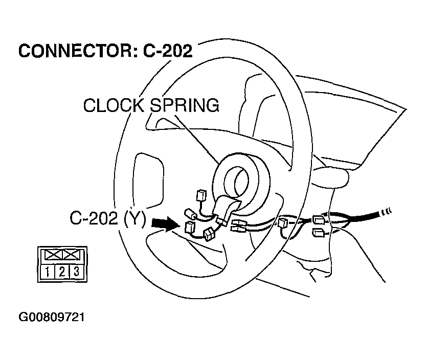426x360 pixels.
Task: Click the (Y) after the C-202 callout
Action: [x=133, y=220]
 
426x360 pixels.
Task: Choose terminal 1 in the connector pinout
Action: [x=47, y=272]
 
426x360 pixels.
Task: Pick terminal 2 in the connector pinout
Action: [x=61, y=272]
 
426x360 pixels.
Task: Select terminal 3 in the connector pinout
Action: [x=76, y=272]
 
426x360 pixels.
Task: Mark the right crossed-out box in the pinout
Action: [x=69, y=254]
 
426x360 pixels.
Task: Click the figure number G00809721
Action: [x=51, y=317]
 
